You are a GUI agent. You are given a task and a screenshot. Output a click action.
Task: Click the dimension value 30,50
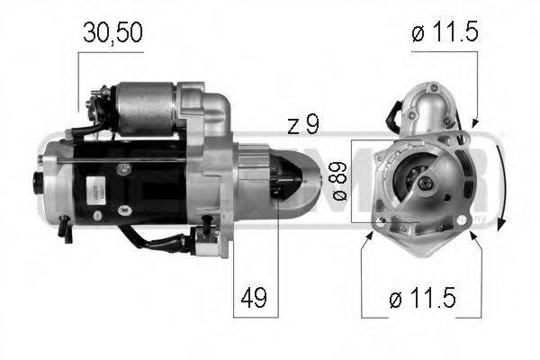110,34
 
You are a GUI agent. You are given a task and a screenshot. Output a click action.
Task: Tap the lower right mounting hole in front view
463,220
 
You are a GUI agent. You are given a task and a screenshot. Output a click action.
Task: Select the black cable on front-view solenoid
393,116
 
